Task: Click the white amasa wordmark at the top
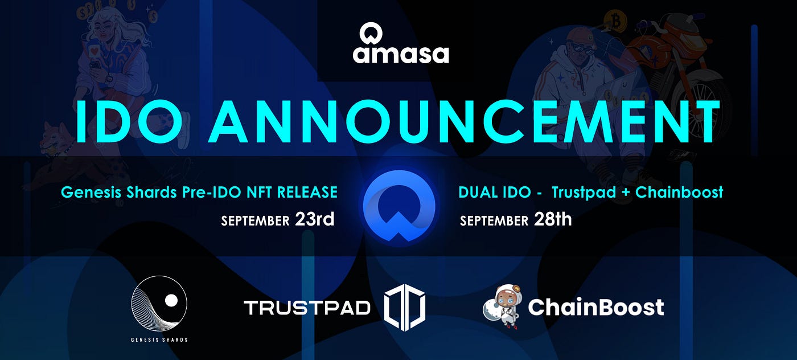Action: point(401,55)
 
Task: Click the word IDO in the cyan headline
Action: point(129,121)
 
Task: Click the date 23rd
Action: point(315,219)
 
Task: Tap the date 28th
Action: point(553,219)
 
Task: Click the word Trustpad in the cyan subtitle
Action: point(584,193)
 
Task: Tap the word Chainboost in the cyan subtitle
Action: point(679,193)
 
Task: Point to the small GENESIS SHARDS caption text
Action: point(159,339)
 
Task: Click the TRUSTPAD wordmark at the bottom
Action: point(307,308)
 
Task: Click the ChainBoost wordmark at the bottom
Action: point(596,306)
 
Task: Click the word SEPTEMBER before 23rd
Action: point(255,221)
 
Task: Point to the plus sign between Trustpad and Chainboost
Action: point(626,193)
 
